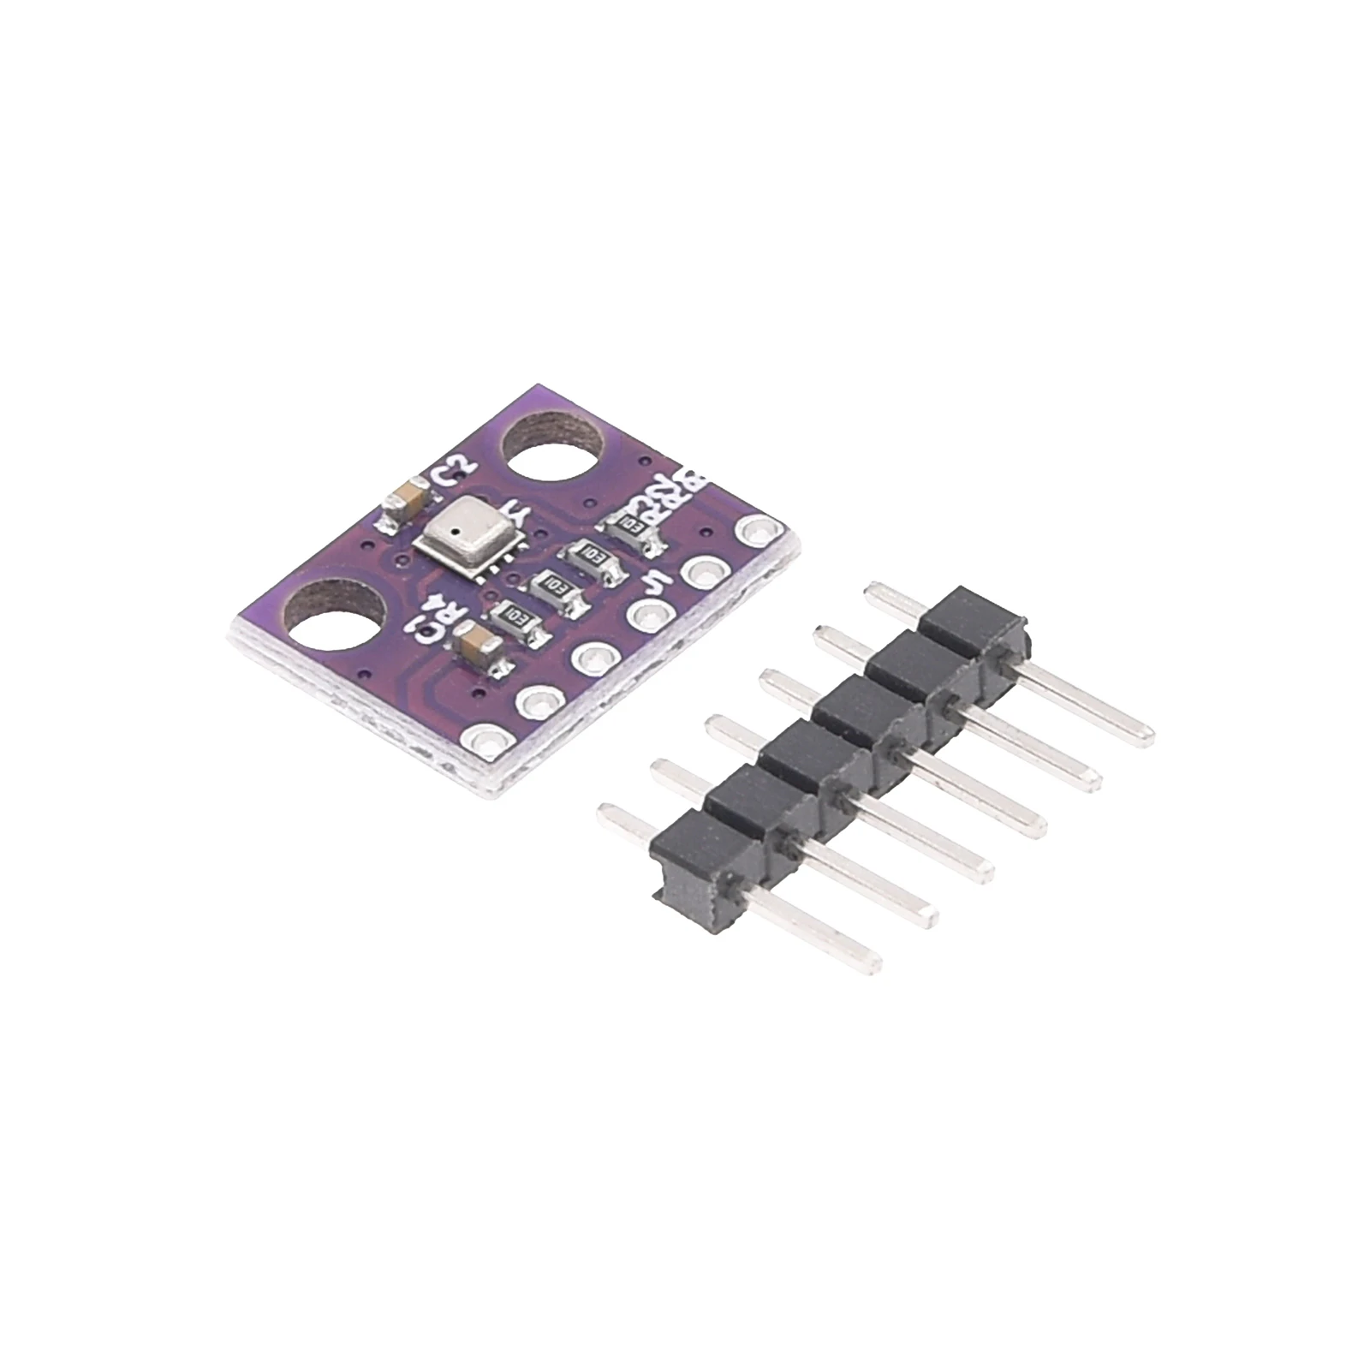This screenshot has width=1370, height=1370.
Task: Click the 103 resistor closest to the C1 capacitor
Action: [519, 614]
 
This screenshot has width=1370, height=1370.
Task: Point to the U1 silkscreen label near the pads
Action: [657, 583]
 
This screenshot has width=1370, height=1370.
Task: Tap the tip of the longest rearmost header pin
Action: [1139, 736]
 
